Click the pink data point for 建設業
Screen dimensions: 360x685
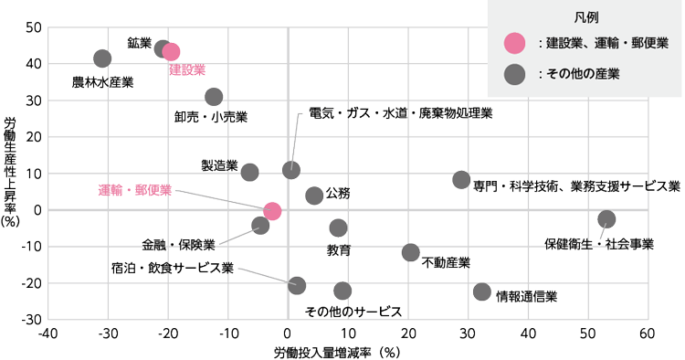pyautogui.click(x=171, y=52)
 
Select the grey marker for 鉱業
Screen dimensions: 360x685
pyautogui.click(x=163, y=49)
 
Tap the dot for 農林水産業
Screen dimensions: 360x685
pyautogui.click(x=102, y=58)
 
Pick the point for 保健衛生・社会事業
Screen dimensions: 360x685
pyautogui.click(x=606, y=219)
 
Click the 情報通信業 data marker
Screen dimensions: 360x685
pyautogui.click(x=482, y=291)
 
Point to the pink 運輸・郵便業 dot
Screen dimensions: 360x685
pyautogui.click(x=272, y=211)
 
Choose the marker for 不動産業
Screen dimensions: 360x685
pyautogui.click(x=411, y=252)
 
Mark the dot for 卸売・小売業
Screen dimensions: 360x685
pyautogui.click(x=214, y=97)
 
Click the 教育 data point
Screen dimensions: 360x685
pyautogui.click(x=338, y=228)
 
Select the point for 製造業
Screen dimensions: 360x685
pyautogui.click(x=249, y=172)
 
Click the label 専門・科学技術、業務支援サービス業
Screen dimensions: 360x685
pyautogui.click(x=577, y=185)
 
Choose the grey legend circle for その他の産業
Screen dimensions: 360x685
pyautogui.click(x=516, y=74)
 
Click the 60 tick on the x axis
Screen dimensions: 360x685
pyautogui.click(x=648, y=332)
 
